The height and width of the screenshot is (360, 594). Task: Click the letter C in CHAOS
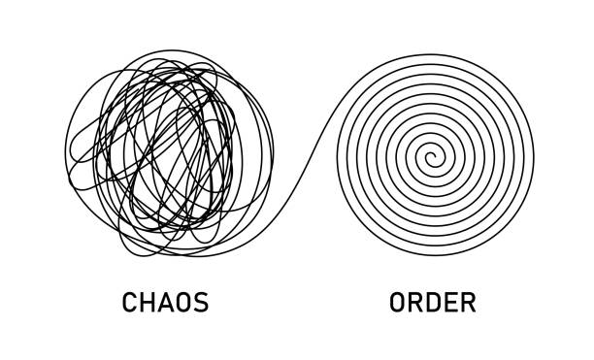[130, 303]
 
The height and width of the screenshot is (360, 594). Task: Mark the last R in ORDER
[467, 303]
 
